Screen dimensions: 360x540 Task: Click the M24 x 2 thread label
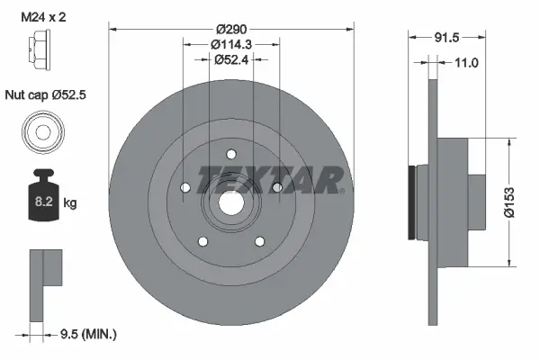point(43,14)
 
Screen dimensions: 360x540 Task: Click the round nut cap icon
point(42,132)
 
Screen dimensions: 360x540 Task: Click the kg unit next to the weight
point(70,203)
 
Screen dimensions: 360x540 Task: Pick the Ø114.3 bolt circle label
point(230,45)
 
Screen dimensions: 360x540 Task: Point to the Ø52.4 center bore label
point(231,60)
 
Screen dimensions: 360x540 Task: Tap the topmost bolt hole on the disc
point(230,153)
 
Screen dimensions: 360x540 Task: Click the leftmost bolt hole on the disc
point(184,187)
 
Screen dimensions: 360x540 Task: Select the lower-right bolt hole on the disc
point(259,240)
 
